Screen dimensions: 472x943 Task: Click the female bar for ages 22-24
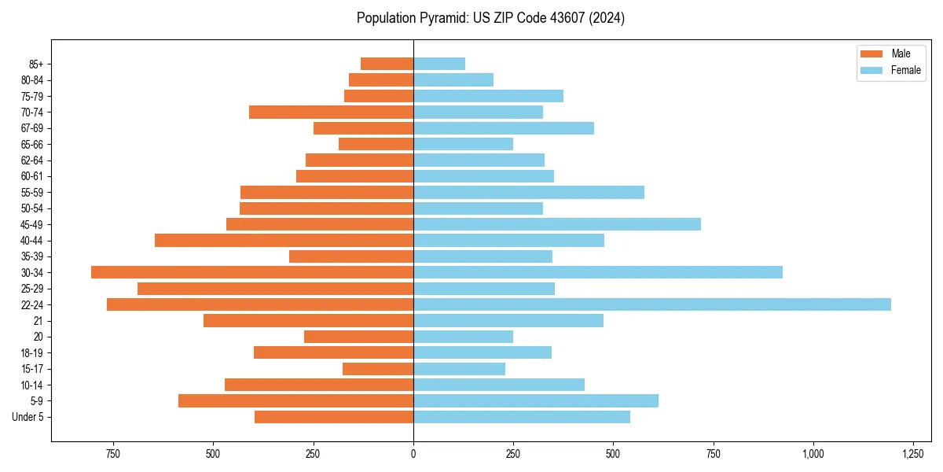click(652, 304)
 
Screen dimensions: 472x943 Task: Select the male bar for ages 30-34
click(252, 272)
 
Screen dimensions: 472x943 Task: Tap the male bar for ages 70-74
click(331, 112)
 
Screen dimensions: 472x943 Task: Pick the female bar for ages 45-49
click(557, 224)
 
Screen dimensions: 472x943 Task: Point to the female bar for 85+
click(439, 64)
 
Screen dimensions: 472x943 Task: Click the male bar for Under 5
click(334, 417)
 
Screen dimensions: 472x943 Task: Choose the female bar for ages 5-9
click(536, 401)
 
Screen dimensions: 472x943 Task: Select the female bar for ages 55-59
click(529, 192)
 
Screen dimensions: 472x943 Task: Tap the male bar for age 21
click(308, 320)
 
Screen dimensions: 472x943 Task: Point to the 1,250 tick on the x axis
click(912, 454)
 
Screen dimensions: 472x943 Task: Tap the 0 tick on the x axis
click(413, 454)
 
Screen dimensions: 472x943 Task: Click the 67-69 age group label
click(32, 128)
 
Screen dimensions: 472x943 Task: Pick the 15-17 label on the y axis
click(32, 369)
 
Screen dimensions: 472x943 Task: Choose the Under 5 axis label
click(28, 417)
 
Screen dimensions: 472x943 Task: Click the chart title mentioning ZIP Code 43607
click(490, 18)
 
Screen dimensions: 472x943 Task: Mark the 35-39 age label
click(32, 256)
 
